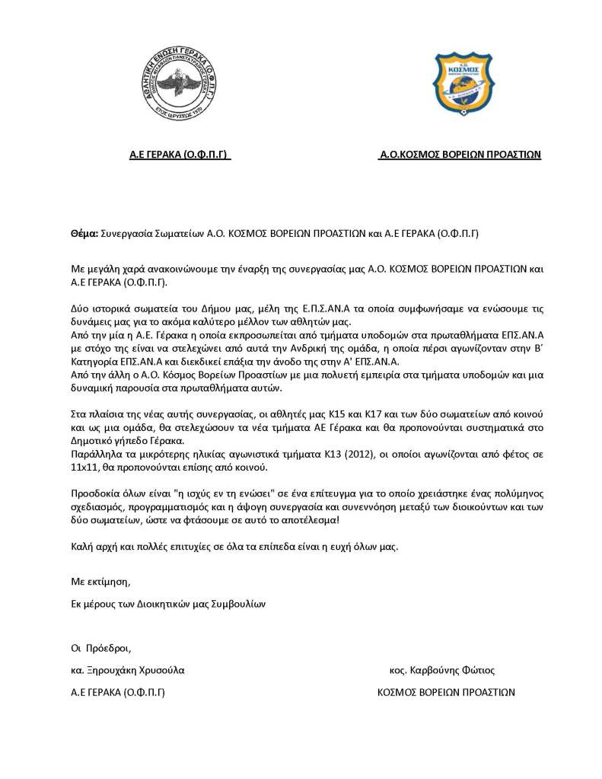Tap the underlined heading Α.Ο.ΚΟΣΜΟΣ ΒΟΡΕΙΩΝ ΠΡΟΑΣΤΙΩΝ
pos(460,154)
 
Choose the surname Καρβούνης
pos(432,671)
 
